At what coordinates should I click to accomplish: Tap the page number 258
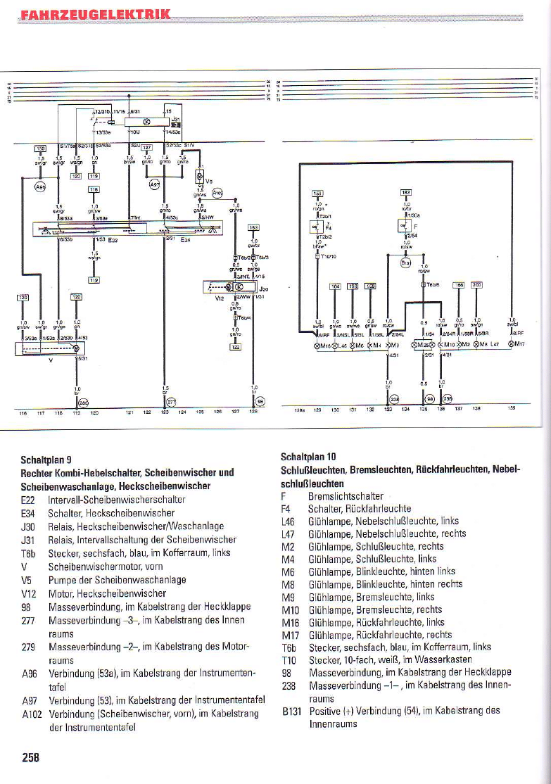point(30,757)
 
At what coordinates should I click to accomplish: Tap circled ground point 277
point(170,403)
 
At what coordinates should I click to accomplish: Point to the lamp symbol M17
point(517,345)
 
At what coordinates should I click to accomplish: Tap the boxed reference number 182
point(406,191)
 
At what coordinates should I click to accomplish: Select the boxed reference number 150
point(40,148)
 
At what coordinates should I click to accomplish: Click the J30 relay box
point(229,289)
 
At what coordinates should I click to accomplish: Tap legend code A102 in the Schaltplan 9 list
point(32,714)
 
